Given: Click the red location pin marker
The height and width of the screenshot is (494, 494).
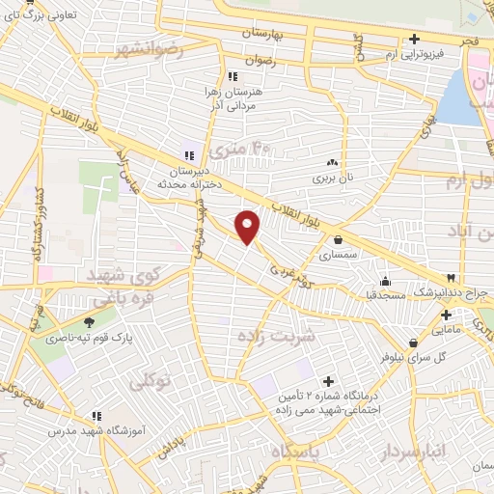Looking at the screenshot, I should coord(248,227).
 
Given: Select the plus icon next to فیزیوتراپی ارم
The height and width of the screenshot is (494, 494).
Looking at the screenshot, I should coord(414,40).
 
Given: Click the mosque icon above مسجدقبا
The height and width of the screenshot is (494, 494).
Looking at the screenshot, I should coord(386,282).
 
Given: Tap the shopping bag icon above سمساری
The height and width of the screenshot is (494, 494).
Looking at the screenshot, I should coord(338,240).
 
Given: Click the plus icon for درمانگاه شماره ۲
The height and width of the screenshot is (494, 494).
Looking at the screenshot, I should coord(329,382).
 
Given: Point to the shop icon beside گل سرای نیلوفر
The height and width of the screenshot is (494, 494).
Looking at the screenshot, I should coord(413,343).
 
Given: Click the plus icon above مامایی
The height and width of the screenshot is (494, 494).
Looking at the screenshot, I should coord(446,315).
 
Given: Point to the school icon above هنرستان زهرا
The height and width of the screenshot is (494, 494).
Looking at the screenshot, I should coord(231,75).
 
